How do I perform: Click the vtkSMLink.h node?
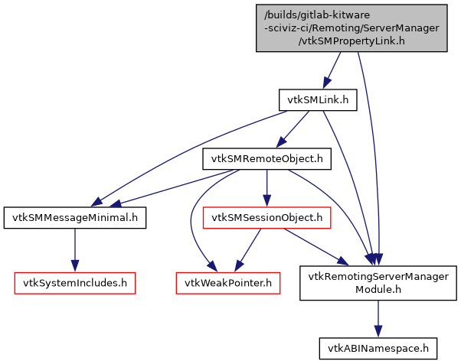(318, 100)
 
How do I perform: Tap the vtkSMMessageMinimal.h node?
(74, 218)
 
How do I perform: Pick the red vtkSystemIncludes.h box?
(74, 283)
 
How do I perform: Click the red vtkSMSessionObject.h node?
(266, 218)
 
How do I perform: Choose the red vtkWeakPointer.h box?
(227, 283)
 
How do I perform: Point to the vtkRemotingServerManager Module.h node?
(378, 283)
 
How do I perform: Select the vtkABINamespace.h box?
(378, 347)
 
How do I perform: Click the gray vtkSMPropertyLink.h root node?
(351, 28)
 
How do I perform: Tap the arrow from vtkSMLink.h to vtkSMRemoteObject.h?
(294, 128)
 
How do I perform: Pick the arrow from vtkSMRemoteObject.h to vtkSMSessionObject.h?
(266, 188)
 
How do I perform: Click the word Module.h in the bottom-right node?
(378, 290)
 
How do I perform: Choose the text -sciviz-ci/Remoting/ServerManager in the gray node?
(351, 28)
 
